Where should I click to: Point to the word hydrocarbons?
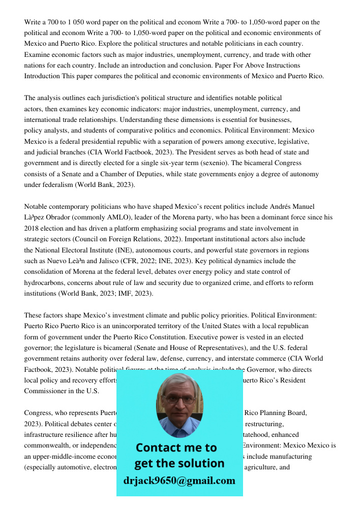[x=45, y=282]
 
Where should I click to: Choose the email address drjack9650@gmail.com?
[x=179, y=481]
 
